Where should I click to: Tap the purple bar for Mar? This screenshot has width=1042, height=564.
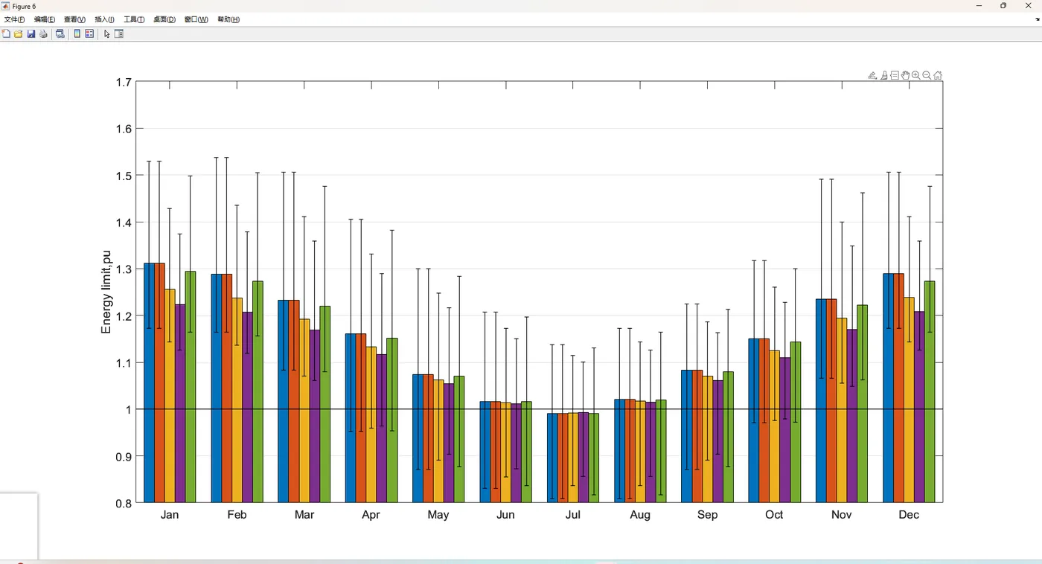(x=315, y=416)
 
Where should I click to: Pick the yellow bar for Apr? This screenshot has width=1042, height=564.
(x=371, y=424)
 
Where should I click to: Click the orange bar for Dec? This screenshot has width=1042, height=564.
(x=898, y=388)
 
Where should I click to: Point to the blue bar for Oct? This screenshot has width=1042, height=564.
(x=753, y=420)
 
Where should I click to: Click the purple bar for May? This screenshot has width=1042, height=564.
(x=449, y=443)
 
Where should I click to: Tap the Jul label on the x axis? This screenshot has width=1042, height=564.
(x=572, y=515)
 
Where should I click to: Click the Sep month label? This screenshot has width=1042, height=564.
(x=707, y=515)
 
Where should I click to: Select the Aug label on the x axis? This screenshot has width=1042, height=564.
(x=639, y=515)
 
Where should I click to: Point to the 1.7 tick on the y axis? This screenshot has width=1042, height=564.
(x=124, y=83)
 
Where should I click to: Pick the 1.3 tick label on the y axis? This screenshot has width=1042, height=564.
(x=124, y=269)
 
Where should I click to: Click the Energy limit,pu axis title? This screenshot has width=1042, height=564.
(x=106, y=292)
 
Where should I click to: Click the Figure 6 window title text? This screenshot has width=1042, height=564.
(x=24, y=6)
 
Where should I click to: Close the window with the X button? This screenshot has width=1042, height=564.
(x=1028, y=6)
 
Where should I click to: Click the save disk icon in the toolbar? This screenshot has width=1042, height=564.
(x=31, y=34)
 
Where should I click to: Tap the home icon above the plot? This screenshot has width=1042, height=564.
(x=938, y=75)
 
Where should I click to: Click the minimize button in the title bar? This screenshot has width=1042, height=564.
(x=979, y=6)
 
